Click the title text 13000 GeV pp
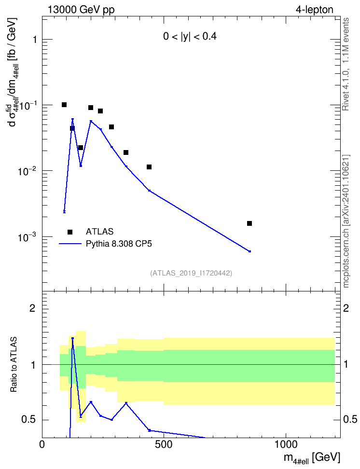[x=81, y=10]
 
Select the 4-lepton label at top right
[x=315, y=10]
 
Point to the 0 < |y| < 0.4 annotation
[x=190, y=37]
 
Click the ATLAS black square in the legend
[x=70, y=232]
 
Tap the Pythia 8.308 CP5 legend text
[x=119, y=244]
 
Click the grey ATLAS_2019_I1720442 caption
[x=191, y=273]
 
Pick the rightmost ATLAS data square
[x=249, y=223]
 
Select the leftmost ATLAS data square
[x=64, y=105]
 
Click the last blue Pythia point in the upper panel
[x=249, y=251]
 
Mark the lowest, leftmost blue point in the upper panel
[x=64, y=211]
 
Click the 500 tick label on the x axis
[x=164, y=444]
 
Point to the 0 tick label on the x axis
[x=42, y=444]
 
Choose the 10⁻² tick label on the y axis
[x=27, y=171]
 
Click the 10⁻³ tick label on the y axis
[x=27, y=237]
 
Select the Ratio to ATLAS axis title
[x=14, y=365]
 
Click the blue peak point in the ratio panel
[x=72, y=338]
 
